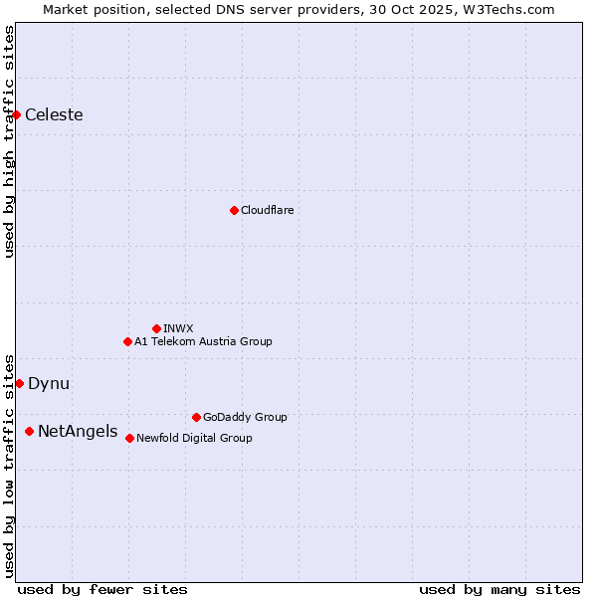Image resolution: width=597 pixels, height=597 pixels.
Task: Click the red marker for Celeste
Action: pyautogui.click(x=17, y=114)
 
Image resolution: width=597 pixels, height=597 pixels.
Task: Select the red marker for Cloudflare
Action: pyautogui.click(x=234, y=210)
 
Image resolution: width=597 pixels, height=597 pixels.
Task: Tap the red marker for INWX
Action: pyautogui.click(x=156, y=328)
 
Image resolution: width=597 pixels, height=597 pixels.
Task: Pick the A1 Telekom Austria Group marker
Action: pyautogui.click(x=127, y=341)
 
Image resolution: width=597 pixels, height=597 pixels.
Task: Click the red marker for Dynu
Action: pyautogui.click(x=19, y=383)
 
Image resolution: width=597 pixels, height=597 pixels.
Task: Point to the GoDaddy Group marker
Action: pyautogui.click(x=196, y=417)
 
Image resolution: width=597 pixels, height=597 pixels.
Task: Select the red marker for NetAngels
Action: pyautogui.click(x=30, y=431)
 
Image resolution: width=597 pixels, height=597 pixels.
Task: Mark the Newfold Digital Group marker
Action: pyautogui.click(x=129, y=438)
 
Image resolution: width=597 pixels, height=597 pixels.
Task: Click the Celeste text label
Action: pyautogui.click(x=54, y=115)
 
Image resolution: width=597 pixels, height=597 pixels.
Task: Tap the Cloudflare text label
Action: pyautogui.click(x=267, y=211)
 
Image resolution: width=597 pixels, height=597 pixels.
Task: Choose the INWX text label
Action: pyautogui.click(x=178, y=328)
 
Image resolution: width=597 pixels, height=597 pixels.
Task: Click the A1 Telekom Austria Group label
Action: pyautogui.click(x=203, y=341)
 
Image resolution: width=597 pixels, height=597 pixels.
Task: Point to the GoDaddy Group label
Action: pyautogui.click(x=245, y=418)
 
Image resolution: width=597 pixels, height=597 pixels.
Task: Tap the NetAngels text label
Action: pyautogui.click(x=77, y=432)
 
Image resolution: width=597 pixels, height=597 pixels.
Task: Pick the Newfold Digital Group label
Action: pyautogui.click(x=194, y=438)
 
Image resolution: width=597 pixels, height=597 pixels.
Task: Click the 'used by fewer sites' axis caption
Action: pyautogui.click(x=102, y=589)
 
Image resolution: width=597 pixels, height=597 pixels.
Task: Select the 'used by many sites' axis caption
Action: pyautogui.click(x=499, y=589)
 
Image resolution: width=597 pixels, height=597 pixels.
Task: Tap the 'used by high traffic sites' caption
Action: pyautogui.click(x=10, y=141)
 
